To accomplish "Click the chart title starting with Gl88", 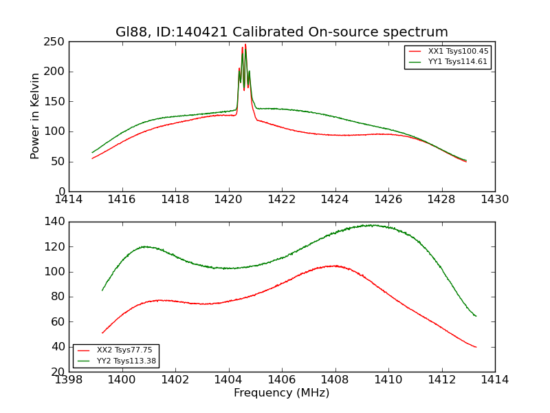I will coord(281,32).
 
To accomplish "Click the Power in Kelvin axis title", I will coord(36,116).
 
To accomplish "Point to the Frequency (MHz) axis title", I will coord(281,393).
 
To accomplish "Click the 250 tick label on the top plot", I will coord(56,42).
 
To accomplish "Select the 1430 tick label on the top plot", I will coord(494,200).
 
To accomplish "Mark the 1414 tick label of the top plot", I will coord(69,200).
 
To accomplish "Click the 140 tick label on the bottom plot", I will coord(56,222).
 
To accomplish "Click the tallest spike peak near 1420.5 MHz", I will coord(245,45).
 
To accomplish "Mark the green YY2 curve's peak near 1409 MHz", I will coord(371,224).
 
